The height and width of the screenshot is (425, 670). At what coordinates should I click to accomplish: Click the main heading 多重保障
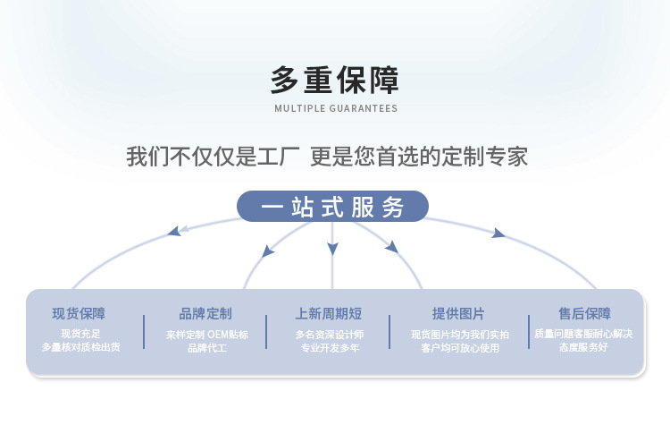click(335, 80)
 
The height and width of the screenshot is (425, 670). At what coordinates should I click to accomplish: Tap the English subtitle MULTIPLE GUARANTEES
click(335, 108)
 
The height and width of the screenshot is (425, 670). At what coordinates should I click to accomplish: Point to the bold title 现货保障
click(79, 313)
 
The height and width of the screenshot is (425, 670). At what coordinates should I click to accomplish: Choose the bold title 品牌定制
click(205, 313)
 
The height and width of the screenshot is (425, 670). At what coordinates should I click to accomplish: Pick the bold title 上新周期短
click(329, 313)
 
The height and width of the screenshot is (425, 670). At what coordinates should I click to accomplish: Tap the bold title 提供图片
click(458, 313)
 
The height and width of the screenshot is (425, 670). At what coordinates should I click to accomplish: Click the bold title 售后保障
click(585, 313)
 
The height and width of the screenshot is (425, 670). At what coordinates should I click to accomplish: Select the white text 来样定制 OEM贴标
click(206, 335)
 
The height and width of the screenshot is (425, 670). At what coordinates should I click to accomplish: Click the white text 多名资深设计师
click(330, 335)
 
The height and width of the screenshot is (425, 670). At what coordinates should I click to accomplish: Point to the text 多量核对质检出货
click(80, 347)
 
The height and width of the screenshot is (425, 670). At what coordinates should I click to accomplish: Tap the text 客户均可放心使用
click(459, 347)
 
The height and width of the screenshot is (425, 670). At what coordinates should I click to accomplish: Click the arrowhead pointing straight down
click(332, 248)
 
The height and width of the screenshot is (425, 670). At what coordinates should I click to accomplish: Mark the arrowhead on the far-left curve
click(173, 233)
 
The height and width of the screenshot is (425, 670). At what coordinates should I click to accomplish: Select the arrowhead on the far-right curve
click(498, 234)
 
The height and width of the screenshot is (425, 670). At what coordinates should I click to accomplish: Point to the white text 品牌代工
click(206, 347)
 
